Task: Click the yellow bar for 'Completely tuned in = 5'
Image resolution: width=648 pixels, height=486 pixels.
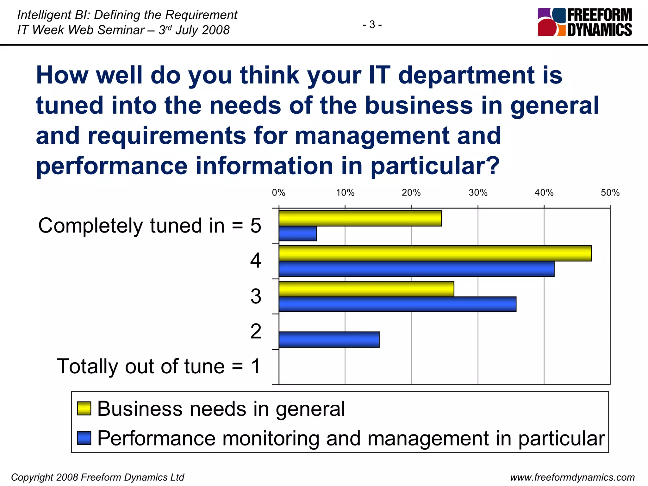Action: (x=360, y=218)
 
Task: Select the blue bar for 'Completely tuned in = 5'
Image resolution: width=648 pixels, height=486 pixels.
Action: (x=297, y=234)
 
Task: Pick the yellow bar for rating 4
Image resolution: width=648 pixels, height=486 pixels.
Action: (x=435, y=253)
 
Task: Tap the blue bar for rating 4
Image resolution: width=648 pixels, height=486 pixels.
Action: (x=416, y=269)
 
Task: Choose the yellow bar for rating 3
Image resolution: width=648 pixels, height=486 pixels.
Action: (x=366, y=289)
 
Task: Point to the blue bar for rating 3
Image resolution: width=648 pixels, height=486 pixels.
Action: (x=397, y=304)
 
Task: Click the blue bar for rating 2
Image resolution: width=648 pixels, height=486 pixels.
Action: (x=329, y=340)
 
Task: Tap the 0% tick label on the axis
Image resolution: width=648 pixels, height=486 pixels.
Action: (x=278, y=193)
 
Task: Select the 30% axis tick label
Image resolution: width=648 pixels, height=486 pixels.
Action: (x=478, y=193)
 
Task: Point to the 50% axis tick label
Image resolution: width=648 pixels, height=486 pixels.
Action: (x=610, y=193)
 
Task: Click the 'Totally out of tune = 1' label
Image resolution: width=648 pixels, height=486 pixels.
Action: (x=159, y=366)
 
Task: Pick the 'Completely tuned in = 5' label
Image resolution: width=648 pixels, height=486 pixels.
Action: (x=150, y=226)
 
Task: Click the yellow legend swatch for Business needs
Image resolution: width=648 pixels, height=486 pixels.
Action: (x=84, y=408)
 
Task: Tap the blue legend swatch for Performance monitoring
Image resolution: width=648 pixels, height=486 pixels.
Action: (x=84, y=438)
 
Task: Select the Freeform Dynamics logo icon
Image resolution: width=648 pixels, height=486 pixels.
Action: (x=551, y=22)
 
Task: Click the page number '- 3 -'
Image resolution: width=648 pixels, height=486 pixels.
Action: (x=372, y=24)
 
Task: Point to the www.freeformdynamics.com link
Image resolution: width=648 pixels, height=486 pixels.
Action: (x=572, y=477)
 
